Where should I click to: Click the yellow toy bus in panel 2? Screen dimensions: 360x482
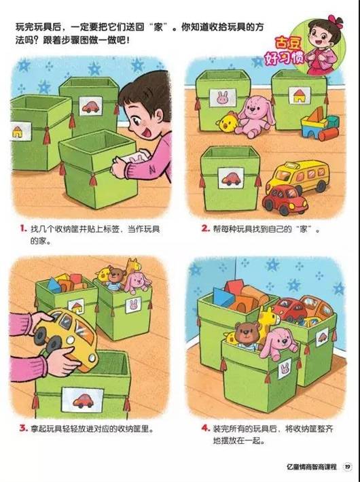[x=298, y=176]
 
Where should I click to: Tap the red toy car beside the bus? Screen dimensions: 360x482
[x=285, y=200]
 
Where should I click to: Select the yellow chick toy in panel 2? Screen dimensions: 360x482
[x=228, y=122]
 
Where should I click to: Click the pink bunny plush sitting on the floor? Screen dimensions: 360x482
[x=255, y=116]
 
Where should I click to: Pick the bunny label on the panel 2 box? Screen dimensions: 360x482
[x=223, y=98]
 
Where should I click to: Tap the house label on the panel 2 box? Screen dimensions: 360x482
[x=300, y=96]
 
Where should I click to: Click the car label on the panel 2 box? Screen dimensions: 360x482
[x=231, y=178]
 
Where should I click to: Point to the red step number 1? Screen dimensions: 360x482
[x=22, y=228]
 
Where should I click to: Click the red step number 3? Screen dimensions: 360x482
[x=23, y=428]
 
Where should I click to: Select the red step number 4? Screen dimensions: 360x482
[x=205, y=428]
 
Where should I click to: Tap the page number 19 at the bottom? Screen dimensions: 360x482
[x=347, y=466]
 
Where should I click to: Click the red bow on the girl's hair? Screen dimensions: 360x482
[x=336, y=22]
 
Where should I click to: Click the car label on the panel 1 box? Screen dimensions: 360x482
[x=90, y=106]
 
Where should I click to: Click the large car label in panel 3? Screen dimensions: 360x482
[x=82, y=400]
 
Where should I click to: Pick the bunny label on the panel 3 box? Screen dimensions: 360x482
[x=133, y=305]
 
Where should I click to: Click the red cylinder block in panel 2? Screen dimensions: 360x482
[x=328, y=134]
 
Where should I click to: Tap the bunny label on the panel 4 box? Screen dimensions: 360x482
[x=285, y=368]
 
